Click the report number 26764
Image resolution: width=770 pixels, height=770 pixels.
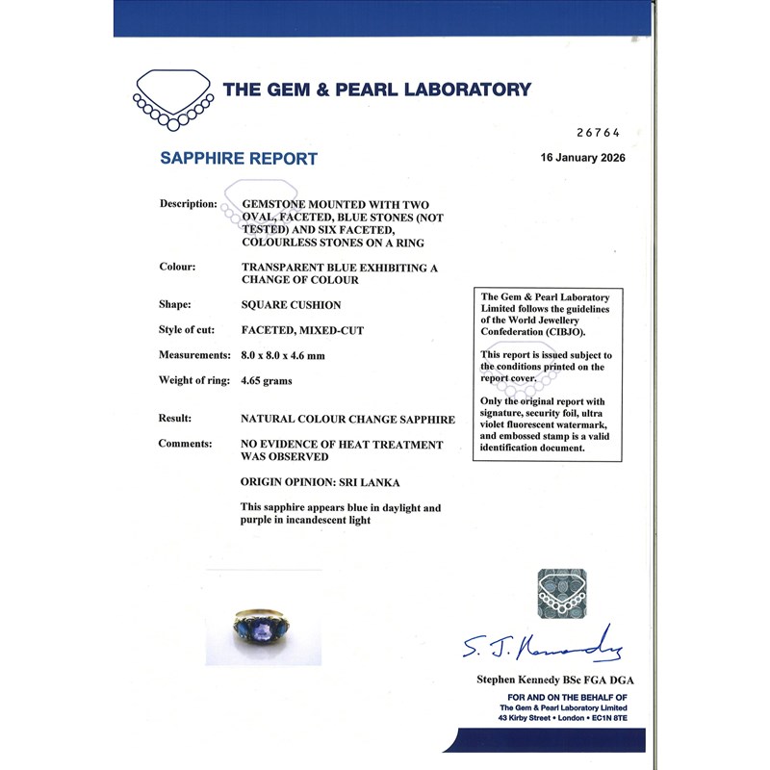pyautogui.click(x=596, y=132)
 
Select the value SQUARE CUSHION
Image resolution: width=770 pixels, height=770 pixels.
pyautogui.click(x=291, y=305)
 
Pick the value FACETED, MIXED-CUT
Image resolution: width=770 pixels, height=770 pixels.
pyautogui.click(x=301, y=330)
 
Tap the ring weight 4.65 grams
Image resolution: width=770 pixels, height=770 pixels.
pyautogui.click(x=266, y=380)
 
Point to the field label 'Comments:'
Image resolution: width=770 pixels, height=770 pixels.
pyautogui.click(x=185, y=445)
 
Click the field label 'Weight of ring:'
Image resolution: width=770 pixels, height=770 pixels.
pyautogui.click(x=193, y=380)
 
